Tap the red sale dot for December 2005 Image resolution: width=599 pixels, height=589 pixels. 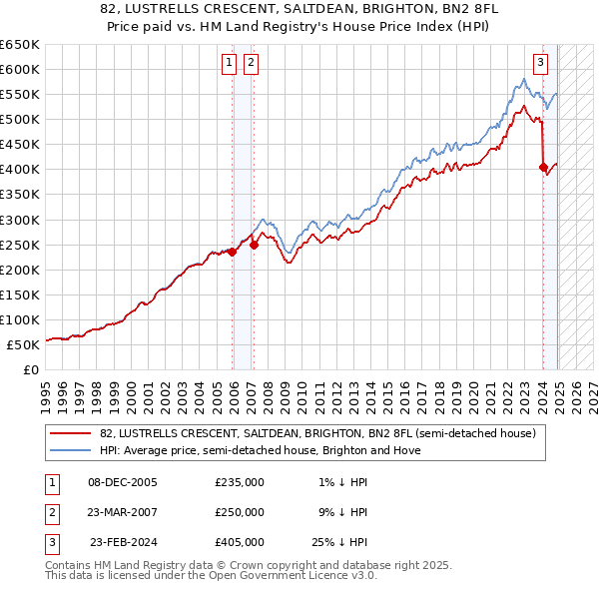233,252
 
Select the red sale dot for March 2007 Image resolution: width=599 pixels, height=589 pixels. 254,244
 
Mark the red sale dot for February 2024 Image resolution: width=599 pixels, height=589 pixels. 543,167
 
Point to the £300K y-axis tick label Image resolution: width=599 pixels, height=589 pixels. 19,220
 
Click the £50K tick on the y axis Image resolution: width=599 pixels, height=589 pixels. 23,344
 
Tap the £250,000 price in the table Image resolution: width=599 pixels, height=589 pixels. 240,512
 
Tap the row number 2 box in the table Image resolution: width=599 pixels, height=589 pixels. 48,512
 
